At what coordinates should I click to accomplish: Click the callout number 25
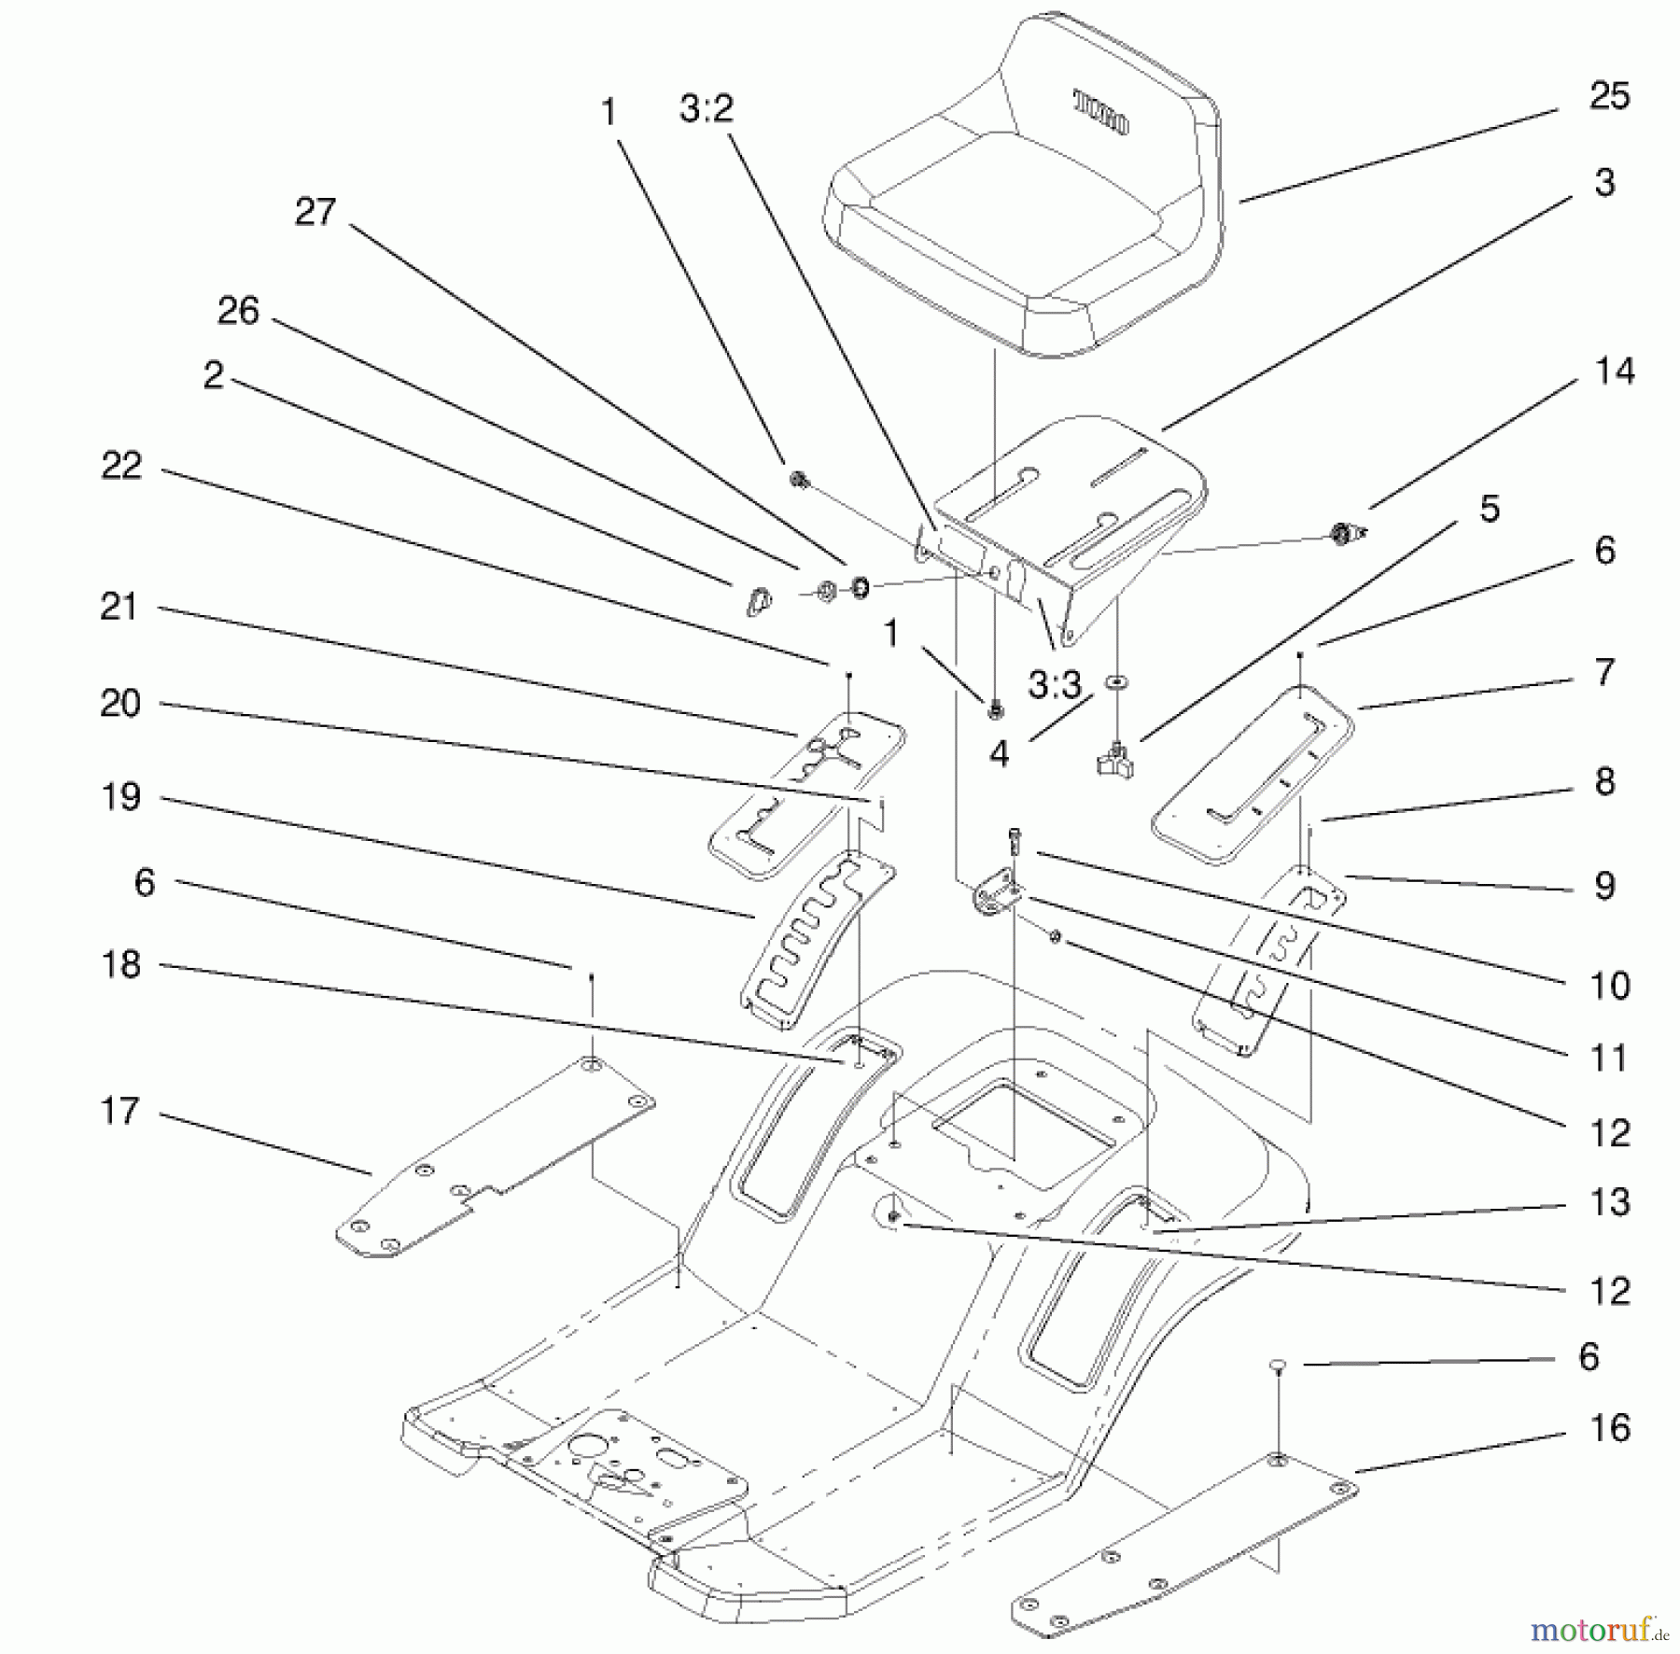point(1609,96)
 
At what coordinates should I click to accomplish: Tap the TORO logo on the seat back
point(1101,112)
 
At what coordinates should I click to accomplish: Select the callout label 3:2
point(707,109)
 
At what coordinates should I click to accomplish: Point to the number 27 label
point(315,212)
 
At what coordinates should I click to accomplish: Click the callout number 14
point(1615,371)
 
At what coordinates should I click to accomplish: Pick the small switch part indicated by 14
point(1345,534)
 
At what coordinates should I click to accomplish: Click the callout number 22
point(121,466)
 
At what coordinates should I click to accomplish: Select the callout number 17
point(119,1111)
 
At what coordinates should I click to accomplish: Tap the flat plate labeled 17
point(495,1157)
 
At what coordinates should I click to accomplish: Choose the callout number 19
point(121,797)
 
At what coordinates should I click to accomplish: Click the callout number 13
point(1610,1202)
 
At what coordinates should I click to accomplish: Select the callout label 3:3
point(1055,686)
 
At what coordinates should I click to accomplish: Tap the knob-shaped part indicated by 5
point(1115,761)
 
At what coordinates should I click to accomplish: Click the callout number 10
point(1609,986)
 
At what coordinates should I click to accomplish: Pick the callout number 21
point(119,607)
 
